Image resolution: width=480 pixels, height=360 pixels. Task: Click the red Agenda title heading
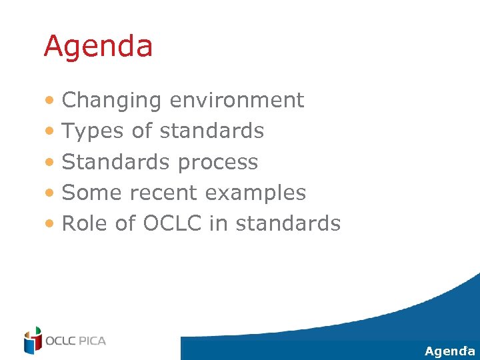98,47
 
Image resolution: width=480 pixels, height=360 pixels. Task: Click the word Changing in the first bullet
111,101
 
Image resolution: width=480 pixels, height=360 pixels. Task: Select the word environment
237,100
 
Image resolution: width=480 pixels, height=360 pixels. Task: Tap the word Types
93,131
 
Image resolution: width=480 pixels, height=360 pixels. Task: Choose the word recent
164,193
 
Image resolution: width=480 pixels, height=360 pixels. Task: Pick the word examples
255,193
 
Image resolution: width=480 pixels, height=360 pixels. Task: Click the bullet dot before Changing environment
51,101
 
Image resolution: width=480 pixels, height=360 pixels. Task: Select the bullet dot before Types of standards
51,132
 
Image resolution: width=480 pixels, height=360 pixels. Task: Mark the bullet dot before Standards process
51,163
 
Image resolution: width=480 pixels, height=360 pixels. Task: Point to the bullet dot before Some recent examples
51,193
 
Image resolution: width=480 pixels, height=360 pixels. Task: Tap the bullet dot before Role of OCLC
51,224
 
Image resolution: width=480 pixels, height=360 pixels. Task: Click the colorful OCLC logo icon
32,340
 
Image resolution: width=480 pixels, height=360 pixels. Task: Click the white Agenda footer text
449,351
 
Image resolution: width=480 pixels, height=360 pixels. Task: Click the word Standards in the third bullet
113,162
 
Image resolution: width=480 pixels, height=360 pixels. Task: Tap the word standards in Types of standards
212,131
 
